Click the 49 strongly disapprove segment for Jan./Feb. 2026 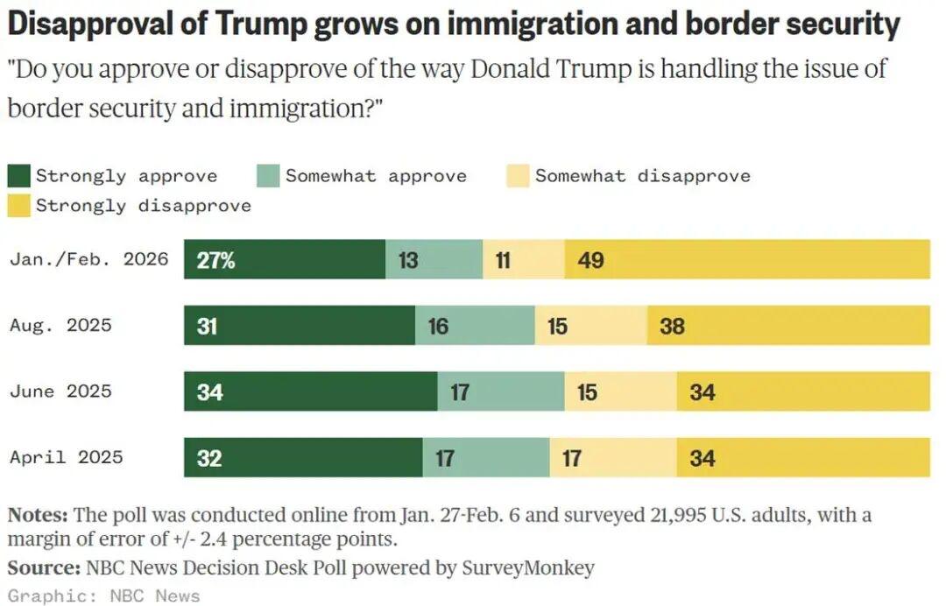point(747,260)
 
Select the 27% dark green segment point(285,260)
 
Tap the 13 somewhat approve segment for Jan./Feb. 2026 point(434,260)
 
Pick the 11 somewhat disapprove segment point(524,260)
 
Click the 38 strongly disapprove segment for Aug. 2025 point(788,326)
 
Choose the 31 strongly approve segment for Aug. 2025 point(300,326)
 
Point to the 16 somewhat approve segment point(475,326)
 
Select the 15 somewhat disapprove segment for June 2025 point(620,391)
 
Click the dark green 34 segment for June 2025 point(310,391)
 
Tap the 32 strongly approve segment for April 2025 point(303,457)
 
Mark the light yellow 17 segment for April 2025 point(613,457)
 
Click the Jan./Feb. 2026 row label point(88,259)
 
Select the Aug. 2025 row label point(61,325)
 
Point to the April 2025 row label point(67,456)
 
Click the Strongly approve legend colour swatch point(19,176)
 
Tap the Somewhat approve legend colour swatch point(268,176)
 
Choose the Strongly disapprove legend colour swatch point(19,206)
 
